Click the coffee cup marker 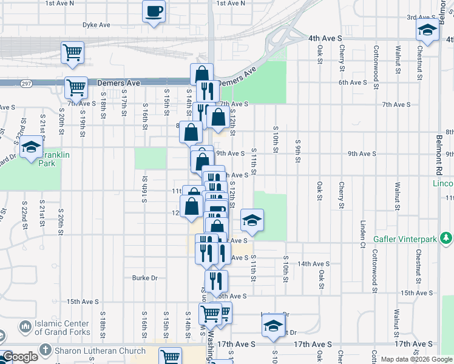pos(154,11)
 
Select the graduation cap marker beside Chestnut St pos(427,30)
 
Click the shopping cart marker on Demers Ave pos(76,88)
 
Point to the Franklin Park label pos(55,159)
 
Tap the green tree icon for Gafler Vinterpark pos(447,238)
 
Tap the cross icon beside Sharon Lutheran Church pos(46,351)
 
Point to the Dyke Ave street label pos(97,25)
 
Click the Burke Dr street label pos(145,278)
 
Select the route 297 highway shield pos(25,83)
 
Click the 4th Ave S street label pos(326,38)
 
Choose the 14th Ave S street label pos(313,264)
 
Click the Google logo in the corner pos(20,357)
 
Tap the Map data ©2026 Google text pos(417,360)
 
